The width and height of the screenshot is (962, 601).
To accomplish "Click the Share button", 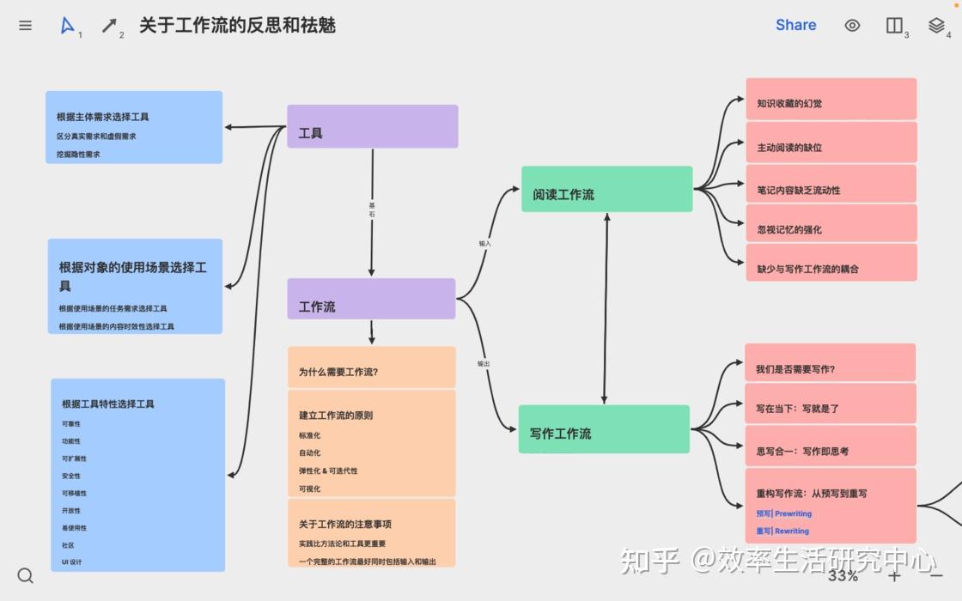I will pos(795,25).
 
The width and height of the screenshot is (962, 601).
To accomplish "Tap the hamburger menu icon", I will pos(26,26).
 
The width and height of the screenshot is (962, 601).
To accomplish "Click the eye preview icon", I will pos(852,26).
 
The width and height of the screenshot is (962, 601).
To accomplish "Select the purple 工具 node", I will pos(372,127).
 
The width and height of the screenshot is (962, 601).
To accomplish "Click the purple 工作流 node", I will pos(371,300).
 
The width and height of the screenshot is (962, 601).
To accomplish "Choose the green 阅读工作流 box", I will pos(606,190).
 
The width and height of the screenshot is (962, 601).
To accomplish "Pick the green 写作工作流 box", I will pos(604,429).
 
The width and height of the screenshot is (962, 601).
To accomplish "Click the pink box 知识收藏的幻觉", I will pos(831,100).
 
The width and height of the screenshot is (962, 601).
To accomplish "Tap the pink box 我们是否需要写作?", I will pos(830,364).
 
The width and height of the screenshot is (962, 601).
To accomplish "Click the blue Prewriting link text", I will pos(792,513).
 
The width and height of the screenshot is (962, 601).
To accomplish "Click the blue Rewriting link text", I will pos(791,531).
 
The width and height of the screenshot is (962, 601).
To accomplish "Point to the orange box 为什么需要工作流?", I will pos(371,367).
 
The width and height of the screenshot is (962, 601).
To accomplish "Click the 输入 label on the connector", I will pos(484,244).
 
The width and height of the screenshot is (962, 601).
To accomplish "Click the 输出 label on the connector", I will pos(484,364).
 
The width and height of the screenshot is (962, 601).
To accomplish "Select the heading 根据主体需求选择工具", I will pos(103,117).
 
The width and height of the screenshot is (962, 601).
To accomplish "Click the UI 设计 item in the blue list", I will pos(72,562).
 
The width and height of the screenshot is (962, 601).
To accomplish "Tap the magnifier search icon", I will pos(26,575).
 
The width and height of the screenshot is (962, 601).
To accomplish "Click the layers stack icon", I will pos(936,26).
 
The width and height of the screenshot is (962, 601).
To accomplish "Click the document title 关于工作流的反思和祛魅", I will pos(237,26).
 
